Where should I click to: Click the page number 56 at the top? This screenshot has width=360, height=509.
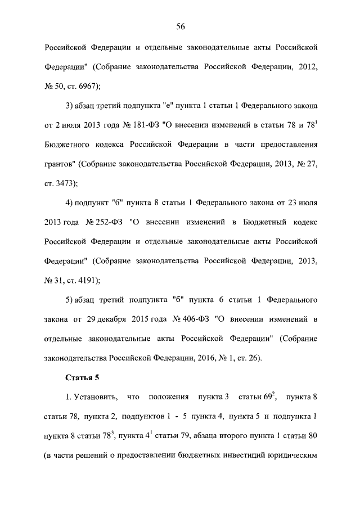click(x=181, y=26)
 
